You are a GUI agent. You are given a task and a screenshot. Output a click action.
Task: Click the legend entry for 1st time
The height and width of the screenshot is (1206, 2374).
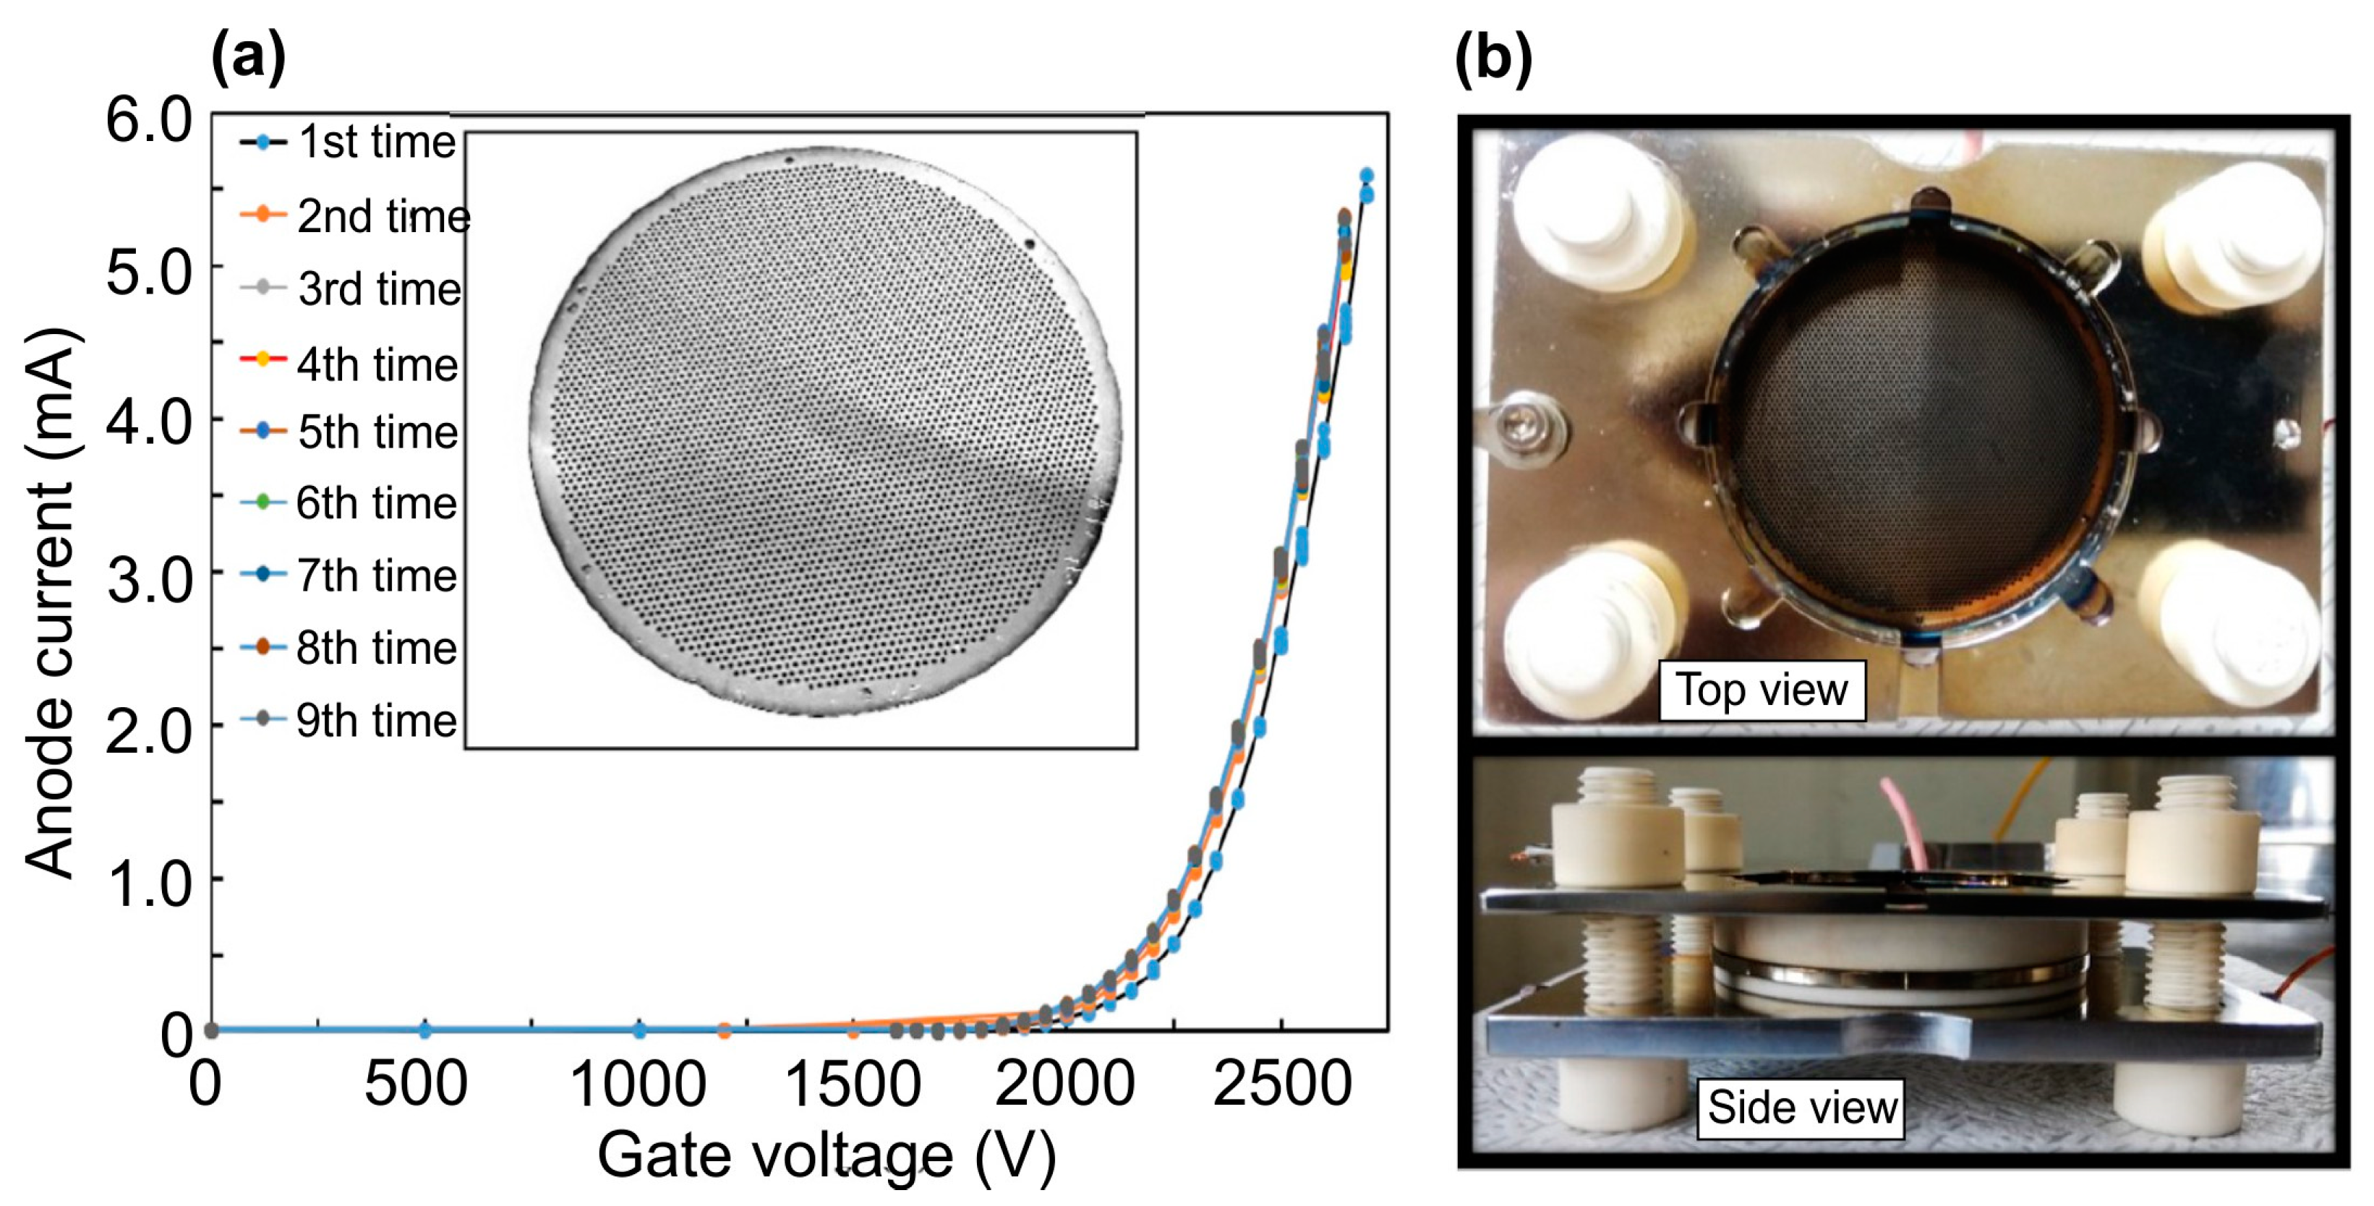coord(349,143)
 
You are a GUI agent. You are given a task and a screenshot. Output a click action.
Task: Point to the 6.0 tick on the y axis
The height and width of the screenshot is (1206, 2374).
coord(148,120)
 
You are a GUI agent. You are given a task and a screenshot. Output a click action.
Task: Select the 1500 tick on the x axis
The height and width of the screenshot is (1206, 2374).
coord(852,1085)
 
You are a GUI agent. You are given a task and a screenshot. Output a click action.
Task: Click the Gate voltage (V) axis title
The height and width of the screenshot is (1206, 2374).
coord(827,1155)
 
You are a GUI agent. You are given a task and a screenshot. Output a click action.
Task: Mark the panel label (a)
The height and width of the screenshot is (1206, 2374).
coord(248,57)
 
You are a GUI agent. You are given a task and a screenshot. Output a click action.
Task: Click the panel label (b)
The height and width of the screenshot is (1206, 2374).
coord(1493,57)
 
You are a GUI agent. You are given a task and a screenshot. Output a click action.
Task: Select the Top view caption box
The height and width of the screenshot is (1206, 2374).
coord(1761,689)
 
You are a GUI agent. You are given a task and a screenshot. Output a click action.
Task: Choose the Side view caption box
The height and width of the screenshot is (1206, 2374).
coord(1801,1106)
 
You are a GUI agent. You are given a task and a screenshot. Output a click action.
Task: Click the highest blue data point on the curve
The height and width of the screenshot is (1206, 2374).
coord(1366,176)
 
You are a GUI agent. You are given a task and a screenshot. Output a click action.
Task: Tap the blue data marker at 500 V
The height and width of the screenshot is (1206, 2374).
coord(425,1030)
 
